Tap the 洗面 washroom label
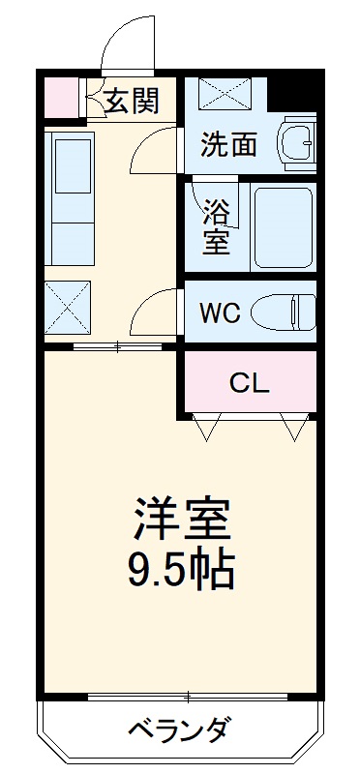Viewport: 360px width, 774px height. point(228,145)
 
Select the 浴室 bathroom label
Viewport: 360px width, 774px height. point(217,225)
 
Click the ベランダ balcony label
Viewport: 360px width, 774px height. point(180,728)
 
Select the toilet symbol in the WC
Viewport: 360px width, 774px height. point(283,313)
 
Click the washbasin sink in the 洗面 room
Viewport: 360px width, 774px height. point(298,143)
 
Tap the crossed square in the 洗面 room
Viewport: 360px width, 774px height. point(224,94)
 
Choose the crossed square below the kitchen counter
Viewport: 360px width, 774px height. point(67,308)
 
